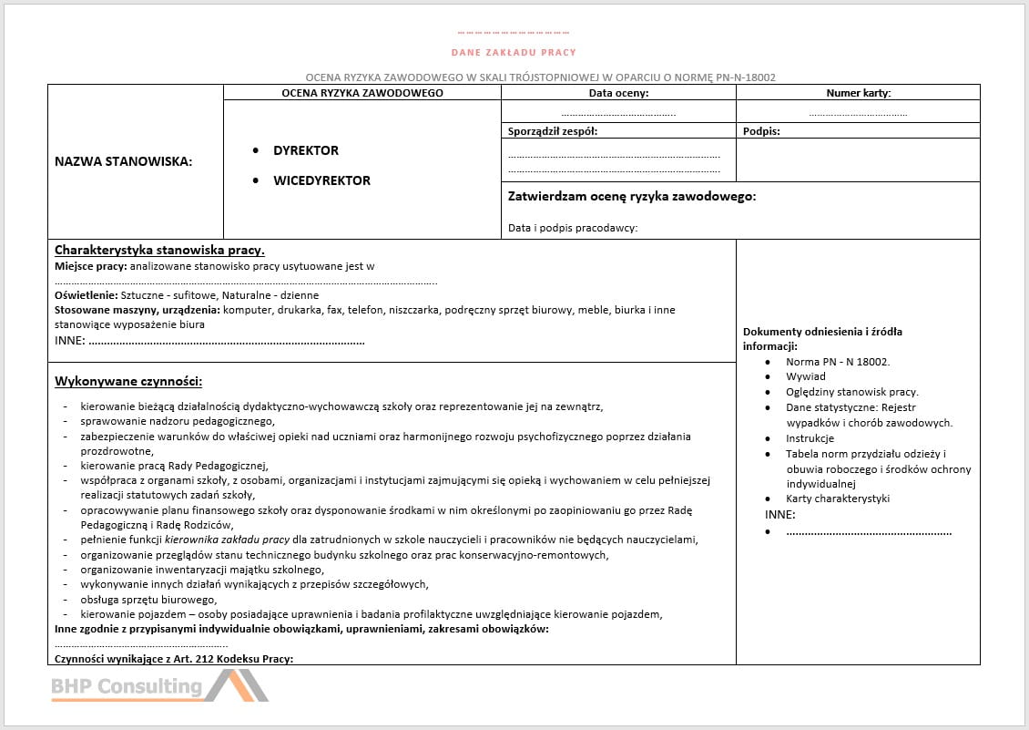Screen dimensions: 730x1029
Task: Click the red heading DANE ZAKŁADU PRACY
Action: coord(514,52)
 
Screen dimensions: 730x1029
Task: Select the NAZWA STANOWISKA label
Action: coord(124,161)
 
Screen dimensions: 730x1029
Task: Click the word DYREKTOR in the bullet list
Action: coord(306,150)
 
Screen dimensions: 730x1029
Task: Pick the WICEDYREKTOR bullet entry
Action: coord(321,180)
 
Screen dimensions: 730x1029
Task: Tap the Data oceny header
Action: coord(618,93)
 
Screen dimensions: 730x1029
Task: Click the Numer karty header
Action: coord(858,93)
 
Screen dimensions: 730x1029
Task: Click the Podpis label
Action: coord(761,131)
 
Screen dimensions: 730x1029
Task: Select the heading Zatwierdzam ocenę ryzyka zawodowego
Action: coord(631,196)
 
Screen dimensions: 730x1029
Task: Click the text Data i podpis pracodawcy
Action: coord(573,228)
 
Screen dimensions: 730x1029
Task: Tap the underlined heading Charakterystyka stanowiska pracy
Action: coord(159,250)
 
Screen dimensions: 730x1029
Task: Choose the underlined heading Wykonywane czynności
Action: coord(128,381)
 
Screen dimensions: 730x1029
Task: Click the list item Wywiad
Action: coord(806,376)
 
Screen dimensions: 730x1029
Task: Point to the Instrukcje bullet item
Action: coord(810,438)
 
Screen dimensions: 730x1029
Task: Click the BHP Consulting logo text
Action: coord(126,686)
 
